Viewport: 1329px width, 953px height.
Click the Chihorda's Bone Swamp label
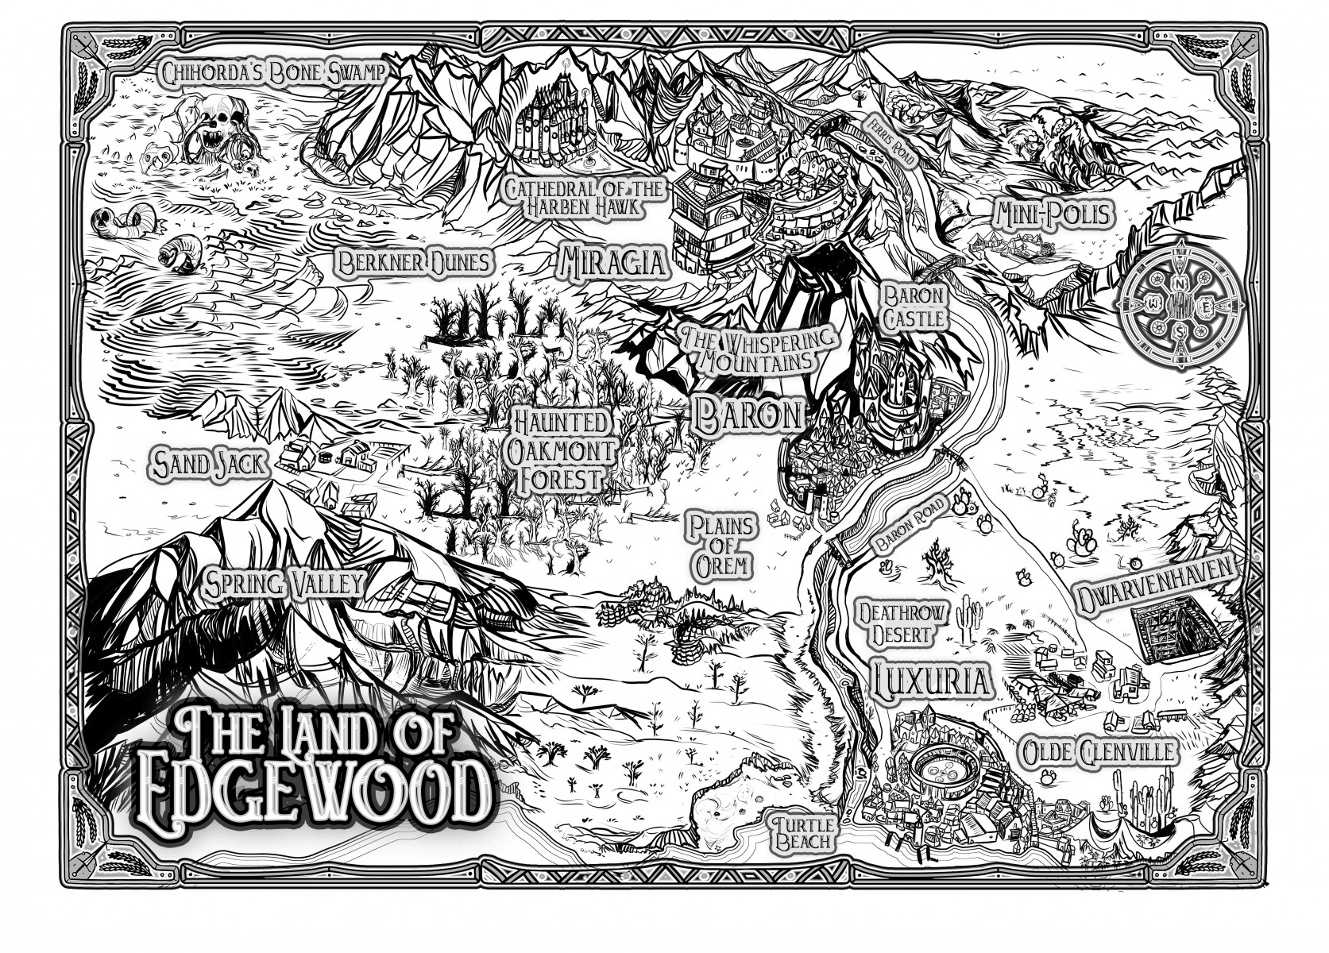point(273,73)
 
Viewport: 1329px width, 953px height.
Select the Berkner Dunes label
point(411,262)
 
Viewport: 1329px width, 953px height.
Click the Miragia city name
point(613,261)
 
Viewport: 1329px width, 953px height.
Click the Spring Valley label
point(284,585)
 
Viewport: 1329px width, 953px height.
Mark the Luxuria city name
point(931,681)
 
